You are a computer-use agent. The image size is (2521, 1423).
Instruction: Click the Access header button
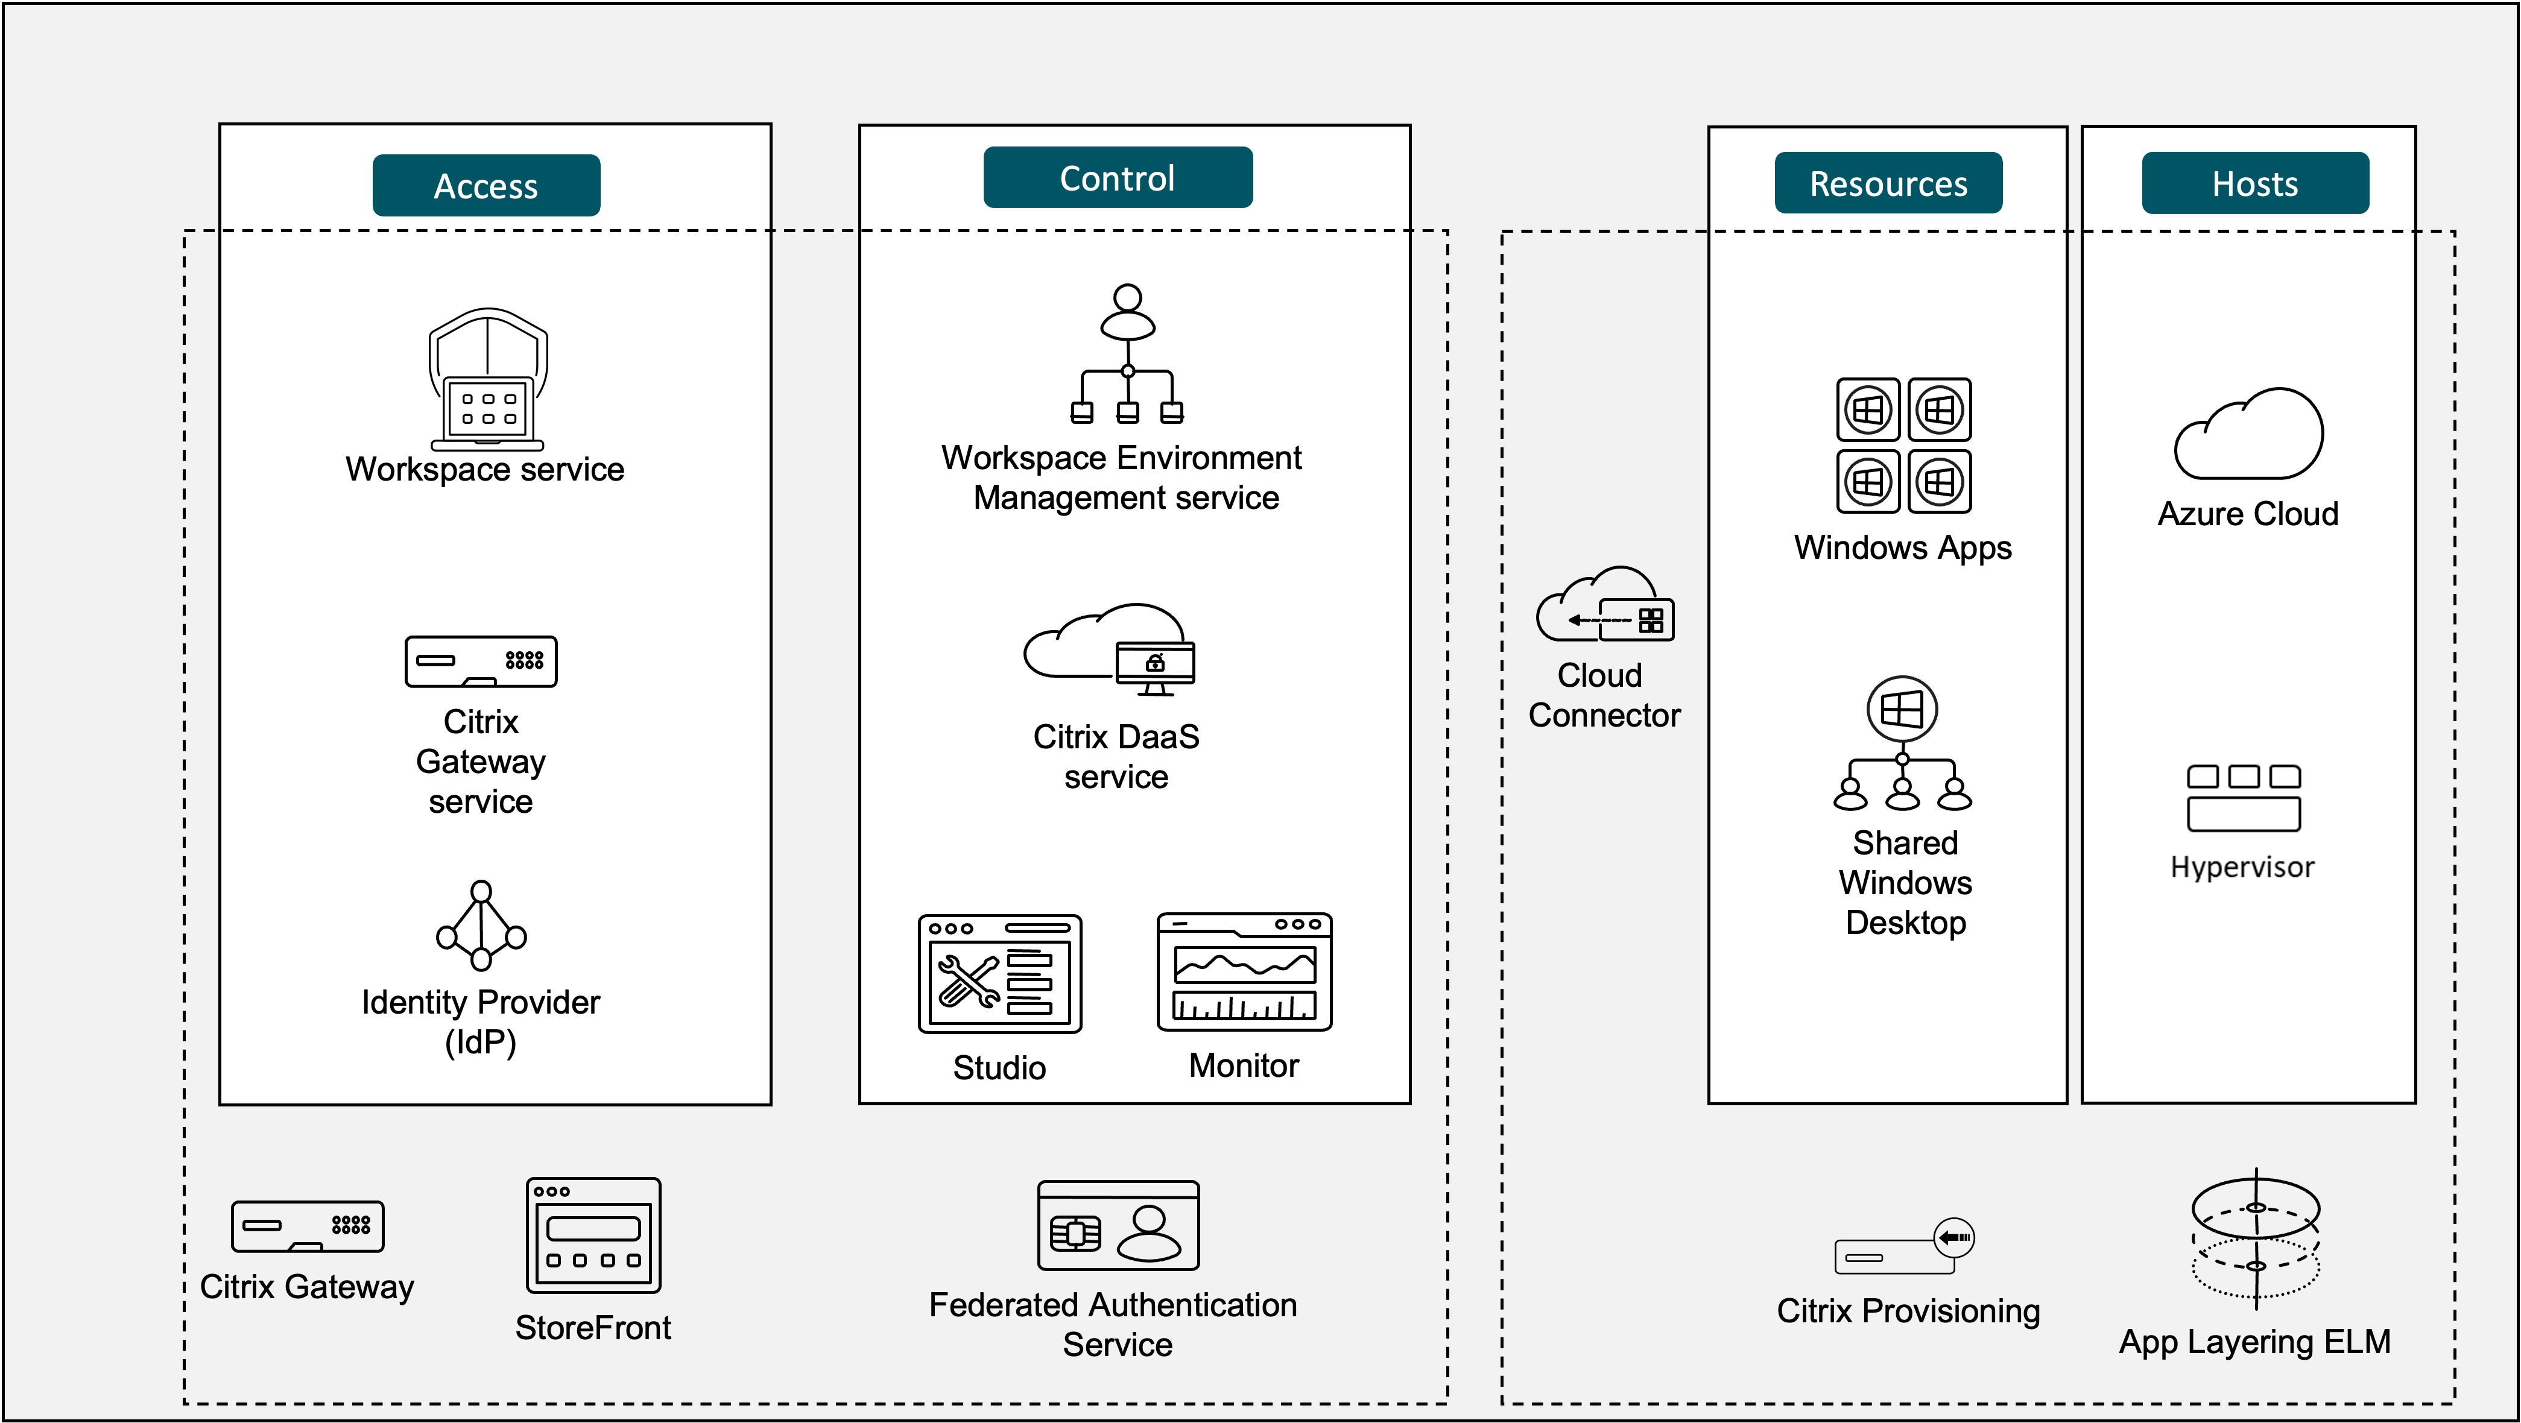(x=486, y=185)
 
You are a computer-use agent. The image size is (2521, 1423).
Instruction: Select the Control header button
(x=1118, y=177)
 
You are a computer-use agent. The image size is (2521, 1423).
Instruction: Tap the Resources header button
(x=1888, y=183)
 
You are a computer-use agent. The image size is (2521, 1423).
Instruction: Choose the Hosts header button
(x=2255, y=183)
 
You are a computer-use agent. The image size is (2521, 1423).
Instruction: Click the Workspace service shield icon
(x=487, y=380)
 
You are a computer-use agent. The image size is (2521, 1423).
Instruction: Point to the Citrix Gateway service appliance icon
(x=481, y=661)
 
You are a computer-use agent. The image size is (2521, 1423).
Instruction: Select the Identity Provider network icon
(x=481, y=925)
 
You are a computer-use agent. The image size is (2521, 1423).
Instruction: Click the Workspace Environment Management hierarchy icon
(x=1127, y=355)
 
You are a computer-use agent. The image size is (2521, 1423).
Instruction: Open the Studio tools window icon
(x=999, y=974)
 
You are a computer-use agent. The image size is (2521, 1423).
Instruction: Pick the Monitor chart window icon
(x=1244, y=972)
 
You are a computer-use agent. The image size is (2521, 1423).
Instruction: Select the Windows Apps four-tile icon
(x=1903, y=446)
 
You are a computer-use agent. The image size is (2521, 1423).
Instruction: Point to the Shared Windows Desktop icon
(x=1902, y=744)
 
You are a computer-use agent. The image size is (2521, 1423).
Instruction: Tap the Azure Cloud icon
(x=2249, y=435)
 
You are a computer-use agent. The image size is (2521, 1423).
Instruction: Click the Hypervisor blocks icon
(x=2243, y=798)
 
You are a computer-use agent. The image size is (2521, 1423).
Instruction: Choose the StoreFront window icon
(x=593, y=1235)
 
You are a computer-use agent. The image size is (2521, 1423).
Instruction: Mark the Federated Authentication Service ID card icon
(x=1118, y=1225)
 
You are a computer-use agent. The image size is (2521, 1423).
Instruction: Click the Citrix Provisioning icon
(x=1903, y=1247)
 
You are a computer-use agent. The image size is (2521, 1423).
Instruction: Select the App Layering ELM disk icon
(x=2255, y=1238)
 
